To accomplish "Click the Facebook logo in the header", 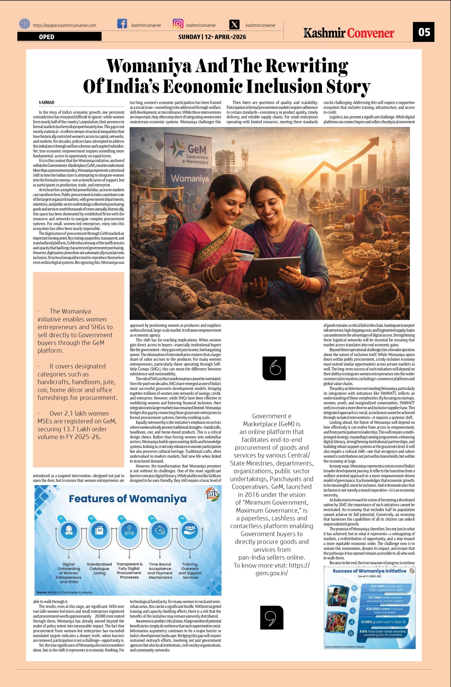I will tap(122, 24).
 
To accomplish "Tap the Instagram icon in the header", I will tap(178, 24).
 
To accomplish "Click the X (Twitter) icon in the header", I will tap(235, 25).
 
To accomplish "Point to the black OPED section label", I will tap(59, 37).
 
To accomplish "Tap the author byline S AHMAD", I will tap(47, 102).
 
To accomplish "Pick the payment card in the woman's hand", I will tap(244, 254).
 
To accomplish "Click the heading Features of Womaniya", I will tap(127, 499).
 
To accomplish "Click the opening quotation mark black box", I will tap(274, 368).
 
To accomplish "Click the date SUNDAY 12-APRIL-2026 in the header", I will tap(212, 37).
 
